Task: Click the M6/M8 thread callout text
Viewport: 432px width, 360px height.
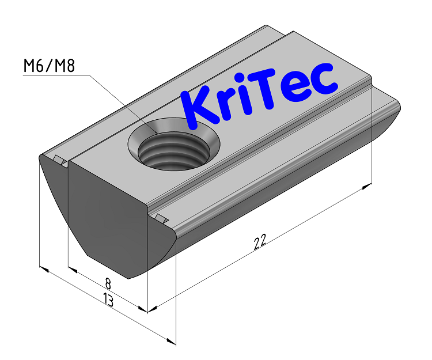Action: (49, 66)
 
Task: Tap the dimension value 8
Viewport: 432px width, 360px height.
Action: (108, 283)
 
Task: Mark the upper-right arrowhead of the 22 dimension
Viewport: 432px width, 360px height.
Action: (366, 186)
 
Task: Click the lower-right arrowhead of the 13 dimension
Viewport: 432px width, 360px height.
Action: (170, 342)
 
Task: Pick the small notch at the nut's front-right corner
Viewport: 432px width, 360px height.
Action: (161, 218)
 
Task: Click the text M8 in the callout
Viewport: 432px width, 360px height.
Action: (63, 66)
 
